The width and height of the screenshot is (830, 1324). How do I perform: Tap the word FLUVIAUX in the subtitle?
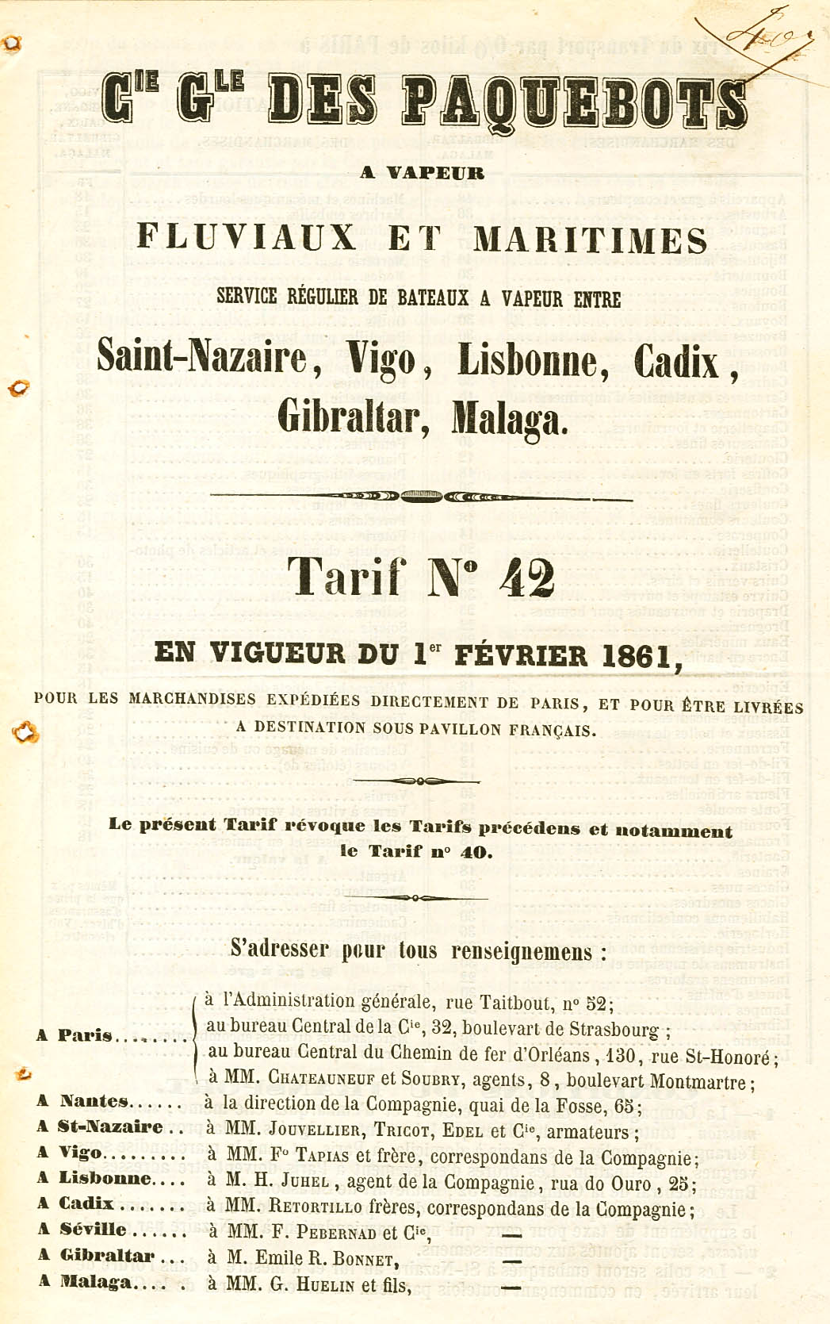pyautogui.click(x=247, y=237)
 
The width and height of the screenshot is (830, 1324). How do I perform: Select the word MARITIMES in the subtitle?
pyautogui.click(x=591, y=240)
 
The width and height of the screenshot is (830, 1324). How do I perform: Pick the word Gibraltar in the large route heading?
pyautogui.click(x=354, y=416)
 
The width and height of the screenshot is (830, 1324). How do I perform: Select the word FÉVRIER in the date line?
pyautogui.click(x=526, y=655)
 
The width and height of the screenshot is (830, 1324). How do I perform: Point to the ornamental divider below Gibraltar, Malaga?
pyautogui.click(x=421, y=497)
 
